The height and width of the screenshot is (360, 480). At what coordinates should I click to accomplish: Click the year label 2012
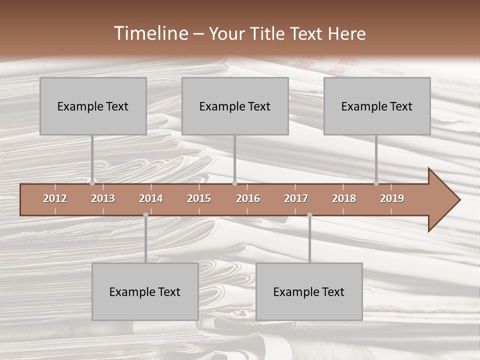(55, 198)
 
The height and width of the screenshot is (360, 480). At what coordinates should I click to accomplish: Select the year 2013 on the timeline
(103, 198)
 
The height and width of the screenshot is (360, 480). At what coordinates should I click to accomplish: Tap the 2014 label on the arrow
(151, 198)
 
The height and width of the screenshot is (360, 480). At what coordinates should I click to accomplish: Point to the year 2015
(199, 198)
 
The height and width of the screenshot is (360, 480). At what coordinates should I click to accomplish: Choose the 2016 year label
(248, 198)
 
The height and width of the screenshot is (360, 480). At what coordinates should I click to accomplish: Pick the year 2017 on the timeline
(296, 198)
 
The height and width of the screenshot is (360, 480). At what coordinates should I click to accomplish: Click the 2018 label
(344, 198)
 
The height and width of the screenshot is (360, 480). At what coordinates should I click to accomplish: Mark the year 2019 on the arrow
(392, 198)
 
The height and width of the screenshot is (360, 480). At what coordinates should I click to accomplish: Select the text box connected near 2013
(93, 106)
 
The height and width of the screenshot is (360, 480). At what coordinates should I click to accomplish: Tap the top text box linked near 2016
(235, 106)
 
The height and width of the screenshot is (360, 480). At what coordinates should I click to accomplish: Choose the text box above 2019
(377, 106)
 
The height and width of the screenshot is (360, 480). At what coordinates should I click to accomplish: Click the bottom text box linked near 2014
(145, 291)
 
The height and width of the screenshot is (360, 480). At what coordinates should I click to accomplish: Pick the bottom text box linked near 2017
(309, 291)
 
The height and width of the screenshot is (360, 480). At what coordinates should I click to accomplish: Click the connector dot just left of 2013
(92, 183)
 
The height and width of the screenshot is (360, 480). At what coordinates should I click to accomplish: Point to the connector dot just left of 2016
(234, 183)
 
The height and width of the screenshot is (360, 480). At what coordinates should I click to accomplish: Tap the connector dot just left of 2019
(376, 183)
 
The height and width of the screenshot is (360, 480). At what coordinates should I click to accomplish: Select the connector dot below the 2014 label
(145, 215)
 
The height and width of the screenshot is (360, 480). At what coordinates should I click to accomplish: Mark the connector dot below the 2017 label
(309, 215)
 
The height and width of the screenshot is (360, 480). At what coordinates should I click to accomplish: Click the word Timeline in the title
(150, 33)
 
